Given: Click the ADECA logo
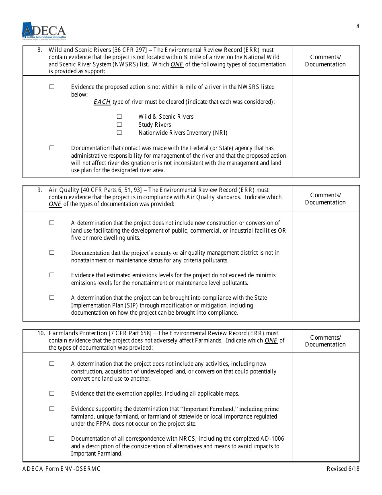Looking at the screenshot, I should click(x=44, y=31).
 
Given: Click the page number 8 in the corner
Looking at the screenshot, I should click(x=358, y=26).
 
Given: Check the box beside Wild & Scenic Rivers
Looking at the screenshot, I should click(x=119, y=117).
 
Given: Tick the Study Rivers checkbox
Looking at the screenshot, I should click(x=119, y=125).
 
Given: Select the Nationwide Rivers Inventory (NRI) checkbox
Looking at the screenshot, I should click(x=119, y=132).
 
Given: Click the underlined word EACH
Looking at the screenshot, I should click(x=102, y=102).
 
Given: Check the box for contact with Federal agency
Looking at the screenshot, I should click(x=52, y=148).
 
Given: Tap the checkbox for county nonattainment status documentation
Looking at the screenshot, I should click(x=52, y=252).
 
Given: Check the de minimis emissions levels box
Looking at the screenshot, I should click(x=52, y=275).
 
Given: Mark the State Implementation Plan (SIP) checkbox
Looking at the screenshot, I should click(x=52, y=297).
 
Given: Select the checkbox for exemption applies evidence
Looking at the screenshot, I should click(x=52, y=393).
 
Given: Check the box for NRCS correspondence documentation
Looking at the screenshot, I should click(x=52, y=438).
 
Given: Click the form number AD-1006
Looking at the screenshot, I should click(x=272, y=439).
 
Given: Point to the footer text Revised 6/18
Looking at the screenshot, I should click(x=343, y=469).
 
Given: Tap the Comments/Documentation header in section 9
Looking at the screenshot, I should click(x=325, y=199).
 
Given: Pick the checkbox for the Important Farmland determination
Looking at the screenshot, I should click(x=52, y=408).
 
